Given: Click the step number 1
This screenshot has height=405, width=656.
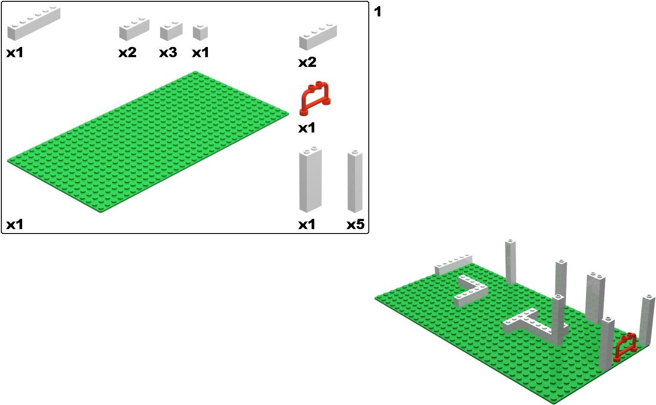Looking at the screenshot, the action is click(378, 12).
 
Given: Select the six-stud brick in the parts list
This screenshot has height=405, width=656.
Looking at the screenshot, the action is click(34, 23).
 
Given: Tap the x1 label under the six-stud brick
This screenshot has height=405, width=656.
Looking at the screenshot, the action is click(15, 53).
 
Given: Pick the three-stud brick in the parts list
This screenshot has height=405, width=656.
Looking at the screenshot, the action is click(134, 29).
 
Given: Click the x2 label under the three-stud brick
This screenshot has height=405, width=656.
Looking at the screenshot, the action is click(127, 53).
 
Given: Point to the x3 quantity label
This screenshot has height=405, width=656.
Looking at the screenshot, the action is click(168, 53).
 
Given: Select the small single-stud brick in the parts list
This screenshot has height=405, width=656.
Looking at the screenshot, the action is click(200, 32).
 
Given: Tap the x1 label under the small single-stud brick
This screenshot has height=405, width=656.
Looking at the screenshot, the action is click(200, 53).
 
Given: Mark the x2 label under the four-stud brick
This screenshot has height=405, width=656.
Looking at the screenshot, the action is click(307, 62).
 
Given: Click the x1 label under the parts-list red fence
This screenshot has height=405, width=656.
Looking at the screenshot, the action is click(307, 128).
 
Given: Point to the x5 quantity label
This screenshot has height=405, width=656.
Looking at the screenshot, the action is click(355, 225).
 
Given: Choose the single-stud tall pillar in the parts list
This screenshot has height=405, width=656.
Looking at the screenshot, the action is click(355, 182).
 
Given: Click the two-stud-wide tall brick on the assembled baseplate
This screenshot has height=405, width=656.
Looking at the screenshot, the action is click(595, 298).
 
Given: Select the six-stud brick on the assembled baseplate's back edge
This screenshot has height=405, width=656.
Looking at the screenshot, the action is click(453, 265).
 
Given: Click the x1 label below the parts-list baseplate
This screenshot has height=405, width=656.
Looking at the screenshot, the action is click(15, 225).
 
